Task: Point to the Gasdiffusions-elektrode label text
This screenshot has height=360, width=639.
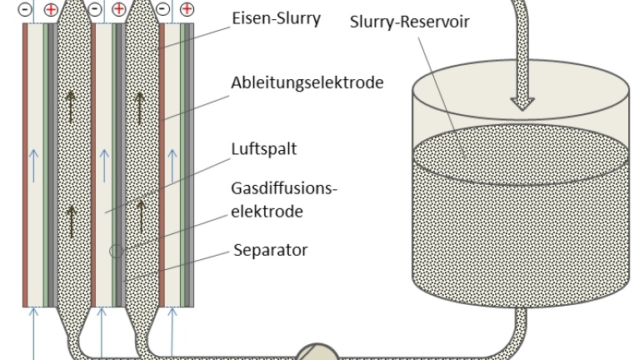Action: [x=283, y=197]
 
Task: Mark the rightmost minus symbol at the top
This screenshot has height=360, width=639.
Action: [x=162, y=9]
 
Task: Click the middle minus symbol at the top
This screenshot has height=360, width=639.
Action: [x=96, y=9]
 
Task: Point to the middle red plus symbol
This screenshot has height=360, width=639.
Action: [x=119, y=9]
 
